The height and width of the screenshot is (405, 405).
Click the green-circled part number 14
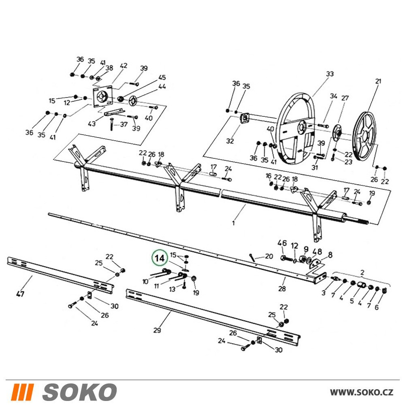coord(160,258)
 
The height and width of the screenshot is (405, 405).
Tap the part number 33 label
coord(330,74)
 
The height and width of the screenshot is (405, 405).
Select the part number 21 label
coord(378,81)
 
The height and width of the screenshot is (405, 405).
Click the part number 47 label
coord(20,294)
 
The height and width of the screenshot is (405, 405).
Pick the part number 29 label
coord(157,330)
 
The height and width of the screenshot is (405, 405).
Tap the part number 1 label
coord(234,223)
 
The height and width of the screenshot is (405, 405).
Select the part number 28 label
coord(282,288)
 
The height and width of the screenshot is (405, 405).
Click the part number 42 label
coord(124,66)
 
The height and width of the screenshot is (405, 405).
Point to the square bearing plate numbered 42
coord(102,98)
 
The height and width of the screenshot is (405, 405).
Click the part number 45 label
coord(162,77)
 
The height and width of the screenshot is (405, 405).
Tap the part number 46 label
coord(282,243)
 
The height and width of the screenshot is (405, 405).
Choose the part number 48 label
coord(318,252)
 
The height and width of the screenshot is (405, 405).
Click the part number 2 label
coord(362,272)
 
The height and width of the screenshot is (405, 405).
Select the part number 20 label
coord(269,256)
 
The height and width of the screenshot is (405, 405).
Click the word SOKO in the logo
coord(79,392)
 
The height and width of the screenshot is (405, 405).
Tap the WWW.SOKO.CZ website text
coord(362,392)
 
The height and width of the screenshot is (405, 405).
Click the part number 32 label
coord(230,141)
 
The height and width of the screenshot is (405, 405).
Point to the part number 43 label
coord(92,124)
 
